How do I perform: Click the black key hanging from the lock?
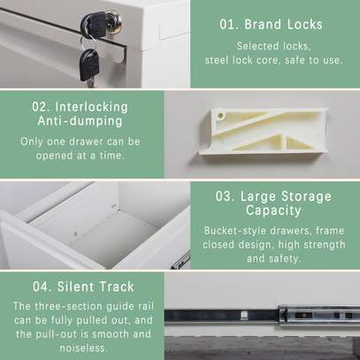coord(88,62)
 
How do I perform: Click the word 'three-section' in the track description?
coord(72,305)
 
